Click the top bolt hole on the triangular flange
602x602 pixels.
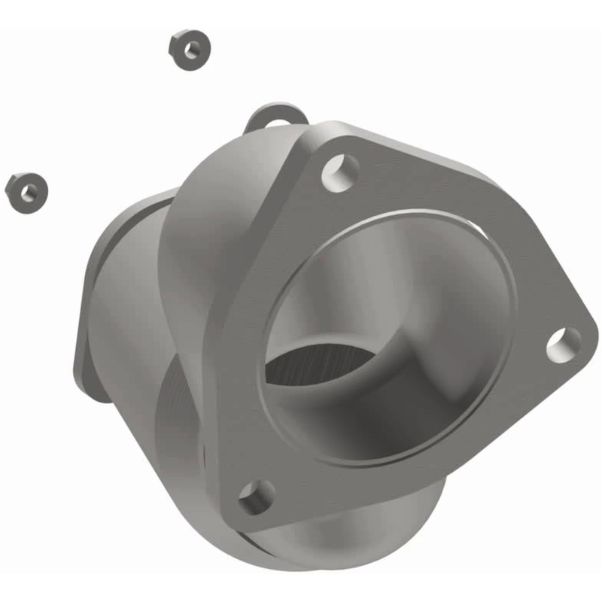pyautogui.click(x=340, y=171)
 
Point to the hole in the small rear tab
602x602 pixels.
pyautogui.click(x=278, y=123)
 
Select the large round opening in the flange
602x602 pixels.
pyautogui.click(x=391, y=331)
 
